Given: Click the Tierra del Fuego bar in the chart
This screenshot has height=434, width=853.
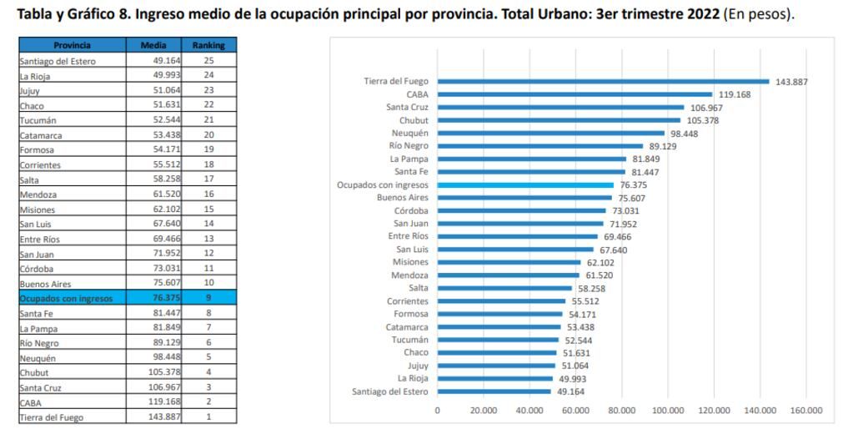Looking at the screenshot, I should click(603, 82).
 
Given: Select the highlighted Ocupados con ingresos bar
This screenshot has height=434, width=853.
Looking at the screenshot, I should click(525, 185).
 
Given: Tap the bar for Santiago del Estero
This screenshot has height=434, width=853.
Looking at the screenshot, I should click(494, 391).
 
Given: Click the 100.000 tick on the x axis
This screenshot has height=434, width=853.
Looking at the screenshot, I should click(668, 411).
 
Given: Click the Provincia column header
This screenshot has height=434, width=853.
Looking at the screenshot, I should click(72, 45).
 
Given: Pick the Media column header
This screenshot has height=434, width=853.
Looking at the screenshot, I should click(153, 45).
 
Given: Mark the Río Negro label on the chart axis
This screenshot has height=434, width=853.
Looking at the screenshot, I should click(409, 146).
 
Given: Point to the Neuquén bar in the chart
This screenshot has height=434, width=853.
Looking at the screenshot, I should click(551, 134).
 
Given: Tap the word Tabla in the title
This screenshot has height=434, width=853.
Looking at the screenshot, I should click(23, 14).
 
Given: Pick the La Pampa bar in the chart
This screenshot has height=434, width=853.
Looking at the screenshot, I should click(532, 159).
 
